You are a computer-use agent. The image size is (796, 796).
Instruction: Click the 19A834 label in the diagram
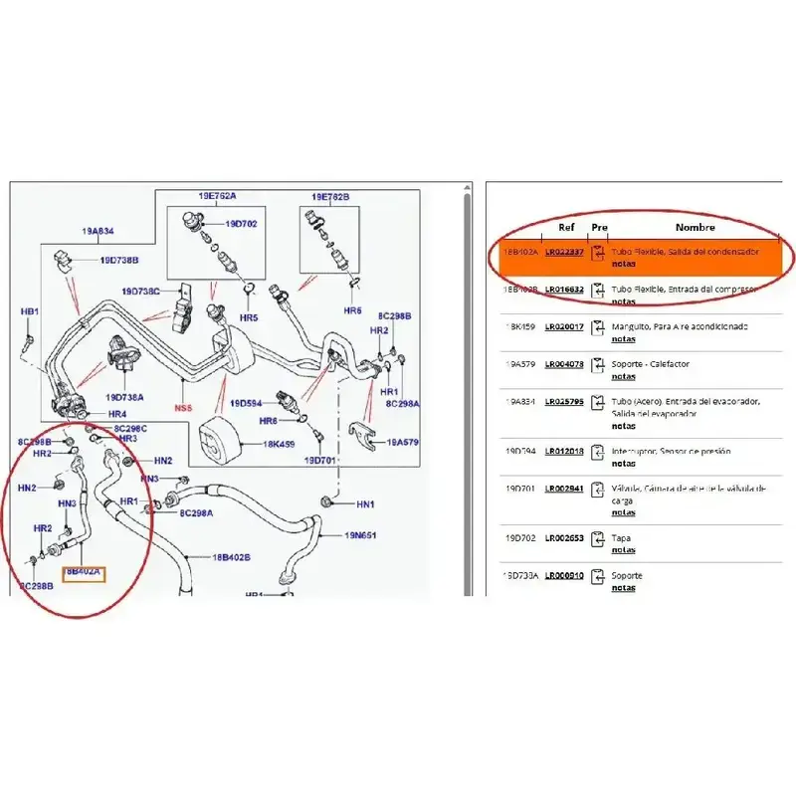click(98, 231)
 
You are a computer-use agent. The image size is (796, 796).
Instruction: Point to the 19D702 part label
click(241, 224)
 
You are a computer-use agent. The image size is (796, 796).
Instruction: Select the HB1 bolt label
click(30, 311)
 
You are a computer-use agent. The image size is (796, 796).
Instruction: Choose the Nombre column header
click(696, 228)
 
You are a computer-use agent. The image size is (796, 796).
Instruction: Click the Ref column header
click(565, 228)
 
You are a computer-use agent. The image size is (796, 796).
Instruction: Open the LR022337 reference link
click(564, 253)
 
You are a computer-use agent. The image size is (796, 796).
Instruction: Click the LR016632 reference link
click(564, 290)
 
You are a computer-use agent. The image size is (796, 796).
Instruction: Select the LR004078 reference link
click(564, 364)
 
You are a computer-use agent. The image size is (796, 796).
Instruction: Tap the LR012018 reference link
click(564, 452)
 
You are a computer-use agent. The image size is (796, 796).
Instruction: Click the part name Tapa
click(620, 538)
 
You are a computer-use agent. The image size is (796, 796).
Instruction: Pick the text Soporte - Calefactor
click(651, 364)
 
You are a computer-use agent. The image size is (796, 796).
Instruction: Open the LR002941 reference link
click(564, 489)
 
